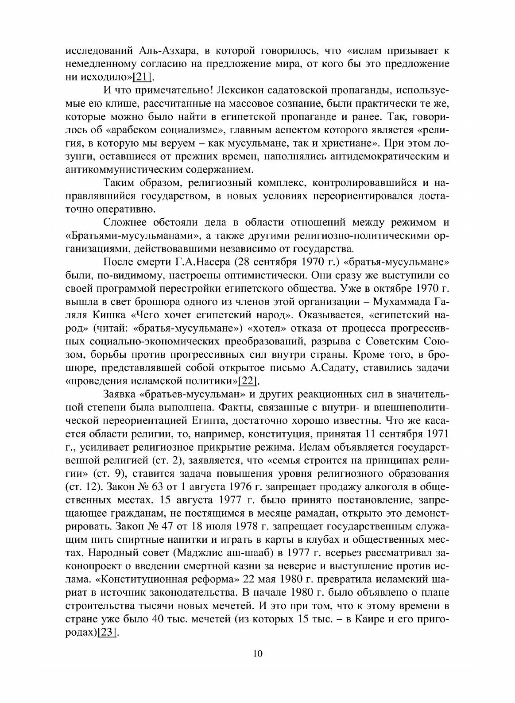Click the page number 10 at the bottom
pyautogui.click(x=258, y=667)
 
